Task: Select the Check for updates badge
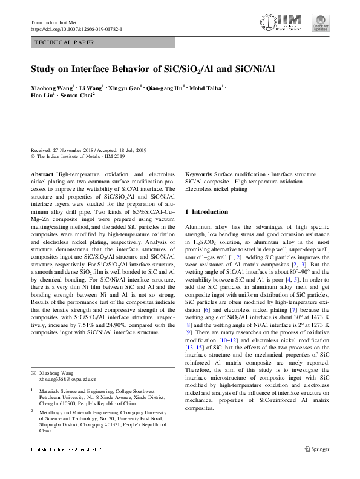pyautogui.click(x=320, y=23)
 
